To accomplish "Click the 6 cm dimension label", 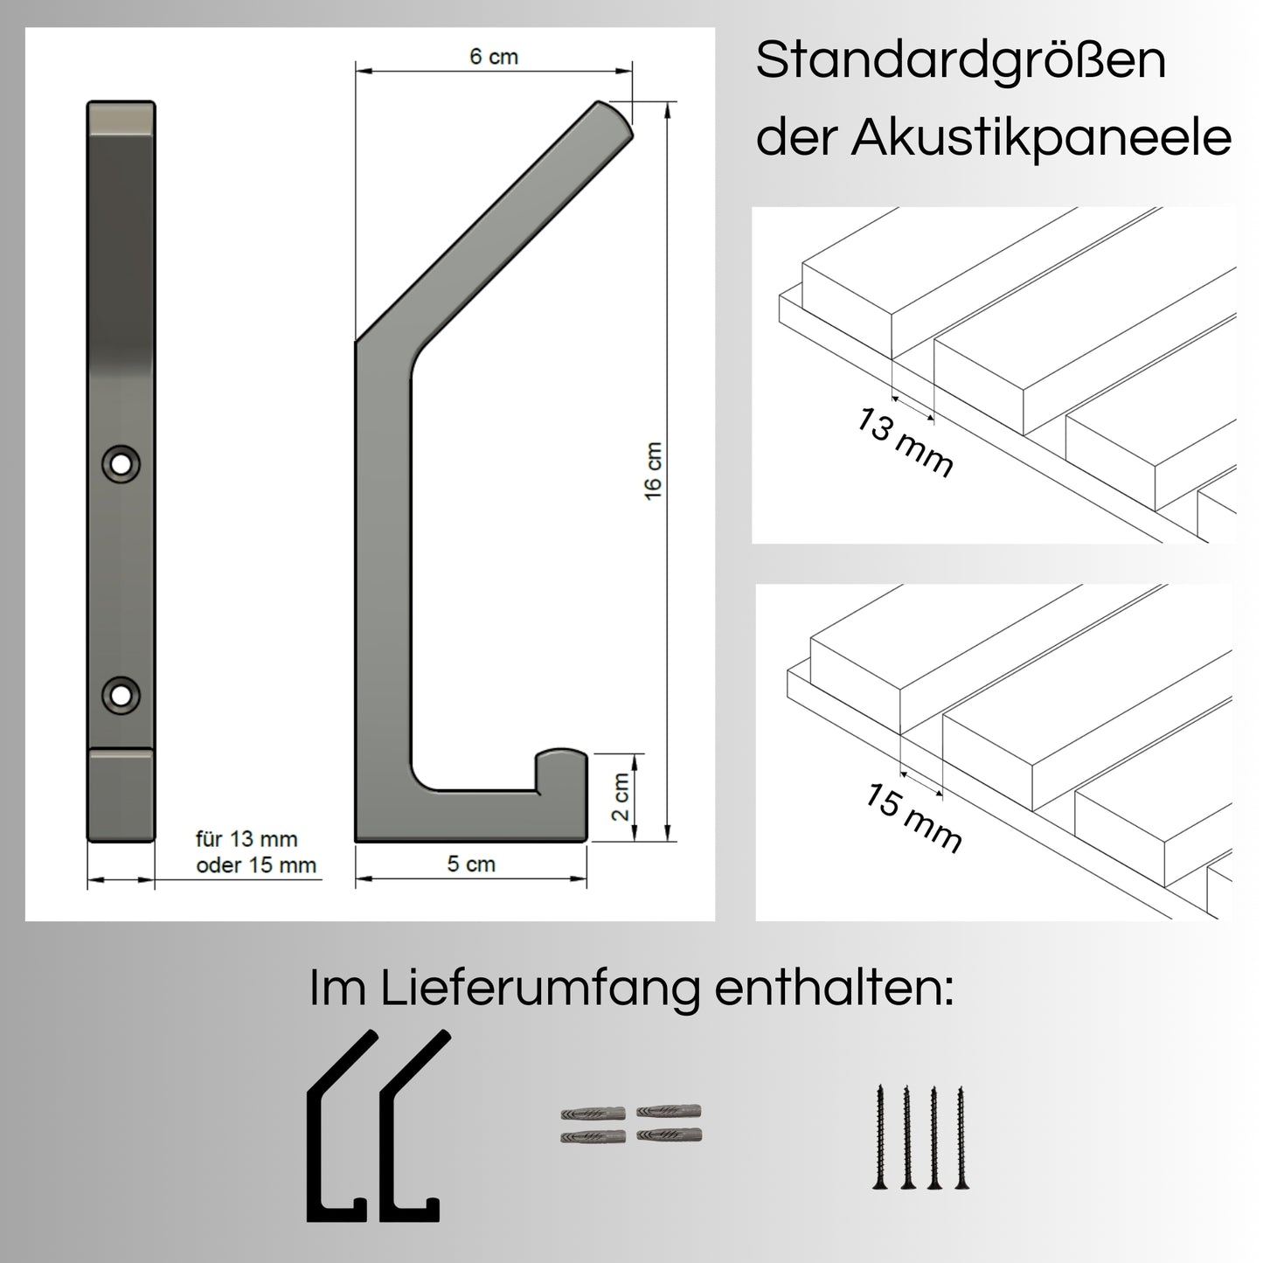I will pos(493,57).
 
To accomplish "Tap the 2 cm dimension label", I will pos(621,796).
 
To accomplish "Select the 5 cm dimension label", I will pos(471,864).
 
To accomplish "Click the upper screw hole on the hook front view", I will pos(121,462).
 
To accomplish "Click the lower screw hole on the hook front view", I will pos(121,695).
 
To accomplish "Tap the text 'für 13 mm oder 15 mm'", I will pos(256,852).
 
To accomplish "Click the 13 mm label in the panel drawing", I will pos(904,442).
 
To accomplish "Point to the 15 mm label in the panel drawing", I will pos(914,817).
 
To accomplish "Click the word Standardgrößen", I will pos(961,62).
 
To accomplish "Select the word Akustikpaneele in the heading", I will pos(1041,138).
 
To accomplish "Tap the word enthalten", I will pos(834,989).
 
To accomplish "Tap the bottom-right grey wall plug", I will pos(670,1135).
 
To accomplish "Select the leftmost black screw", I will pos(880,1136).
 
